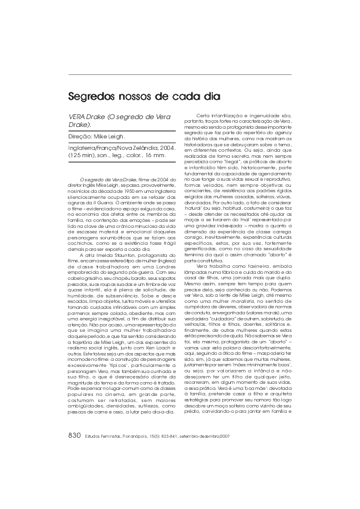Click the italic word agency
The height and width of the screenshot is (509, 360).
coord(285,131)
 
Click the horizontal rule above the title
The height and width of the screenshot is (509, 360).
coord(180,74)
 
